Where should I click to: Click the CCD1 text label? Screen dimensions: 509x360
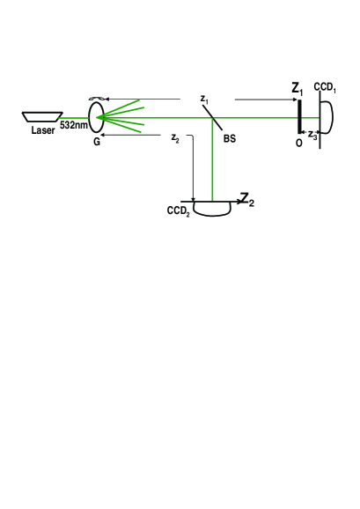click(326, 90)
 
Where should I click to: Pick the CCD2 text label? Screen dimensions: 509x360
click(179, 211)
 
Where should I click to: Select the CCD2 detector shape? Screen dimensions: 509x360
click(212, 209)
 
